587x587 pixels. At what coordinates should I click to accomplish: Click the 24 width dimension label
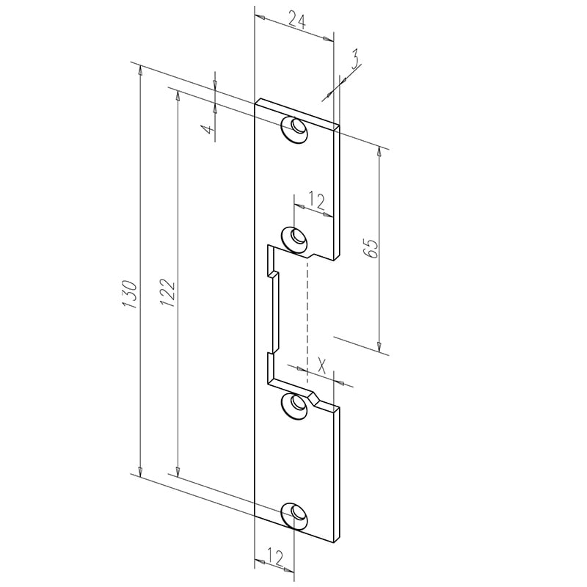coord(296,21)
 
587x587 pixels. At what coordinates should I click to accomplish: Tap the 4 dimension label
coord(208,131)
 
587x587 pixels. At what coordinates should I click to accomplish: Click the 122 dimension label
coord(167,293)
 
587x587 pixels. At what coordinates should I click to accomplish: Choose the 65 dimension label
coord(371,249)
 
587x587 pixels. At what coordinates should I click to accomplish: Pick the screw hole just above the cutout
coord(296,237)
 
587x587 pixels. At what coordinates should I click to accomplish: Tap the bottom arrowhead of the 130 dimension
coord(139,470)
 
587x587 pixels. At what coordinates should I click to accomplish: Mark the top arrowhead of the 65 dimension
coord(379,153)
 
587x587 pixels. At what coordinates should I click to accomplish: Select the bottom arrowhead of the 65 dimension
coord(379,346)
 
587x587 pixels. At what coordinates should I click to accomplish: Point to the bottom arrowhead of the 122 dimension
coord(177,470)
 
